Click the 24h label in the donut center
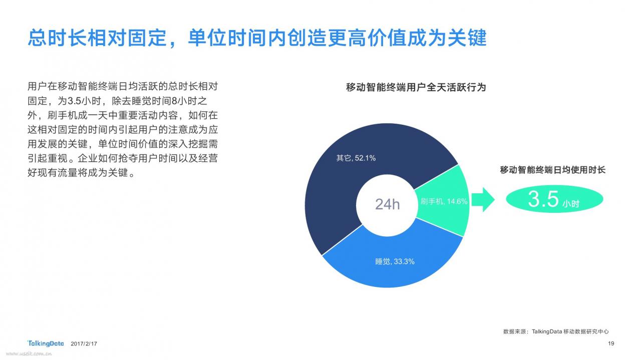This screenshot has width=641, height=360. click(x=387, y=204)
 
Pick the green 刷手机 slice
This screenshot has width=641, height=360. click(x=446, y=200)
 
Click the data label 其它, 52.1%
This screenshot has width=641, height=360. click(x=356, y=158)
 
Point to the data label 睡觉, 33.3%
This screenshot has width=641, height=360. click(x=395, y=261)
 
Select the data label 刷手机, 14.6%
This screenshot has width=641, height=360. click(x=444, y=201)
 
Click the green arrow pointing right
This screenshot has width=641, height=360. click(x=483, y=199)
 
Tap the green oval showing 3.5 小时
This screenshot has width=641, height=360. click(x=554, y=199)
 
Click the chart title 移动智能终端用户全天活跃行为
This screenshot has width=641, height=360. click(x=416, y=87)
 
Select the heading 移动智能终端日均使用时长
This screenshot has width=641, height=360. click(x=552, y=170)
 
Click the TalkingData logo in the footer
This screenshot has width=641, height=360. click(x=46, y=343)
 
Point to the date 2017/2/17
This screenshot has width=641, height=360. click(x=84, y=343)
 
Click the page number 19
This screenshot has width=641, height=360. click(x=611, y=343)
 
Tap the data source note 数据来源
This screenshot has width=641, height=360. click(x=556, y=331)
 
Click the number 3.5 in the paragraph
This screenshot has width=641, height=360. click(x=74, y=101)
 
